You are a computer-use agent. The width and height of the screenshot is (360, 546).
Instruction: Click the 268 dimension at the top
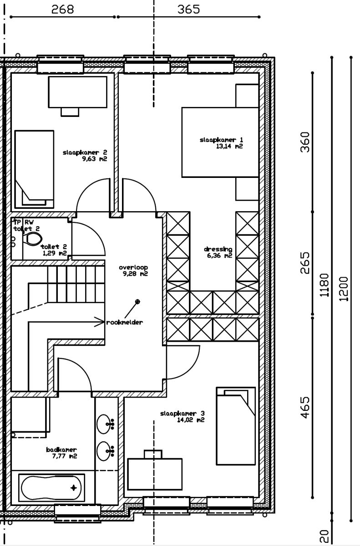[63, 10]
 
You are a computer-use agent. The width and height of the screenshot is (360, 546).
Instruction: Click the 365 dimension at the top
[188, 10]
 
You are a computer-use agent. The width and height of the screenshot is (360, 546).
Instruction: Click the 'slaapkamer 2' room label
[85, 153]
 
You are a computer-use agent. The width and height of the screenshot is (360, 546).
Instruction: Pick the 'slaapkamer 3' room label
[183, 414]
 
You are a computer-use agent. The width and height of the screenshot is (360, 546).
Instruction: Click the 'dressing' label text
[218, 249]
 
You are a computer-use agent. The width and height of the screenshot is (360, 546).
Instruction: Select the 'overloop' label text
[133, 268]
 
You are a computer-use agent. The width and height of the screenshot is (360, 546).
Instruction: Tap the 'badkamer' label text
[61, 450]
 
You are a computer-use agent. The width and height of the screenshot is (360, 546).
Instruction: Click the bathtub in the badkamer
[51, 488]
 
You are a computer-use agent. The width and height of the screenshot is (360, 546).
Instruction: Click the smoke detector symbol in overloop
[137, 301]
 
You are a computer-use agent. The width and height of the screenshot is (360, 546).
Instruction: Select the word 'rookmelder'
[125, 322]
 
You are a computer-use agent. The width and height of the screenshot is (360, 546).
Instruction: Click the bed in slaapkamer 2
[35, 168]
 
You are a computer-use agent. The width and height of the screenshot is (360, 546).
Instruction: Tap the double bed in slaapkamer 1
[220, 142]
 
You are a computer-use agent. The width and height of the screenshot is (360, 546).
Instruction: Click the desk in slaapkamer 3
[155, 473]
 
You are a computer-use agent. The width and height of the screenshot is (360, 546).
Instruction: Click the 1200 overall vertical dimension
[344, 288]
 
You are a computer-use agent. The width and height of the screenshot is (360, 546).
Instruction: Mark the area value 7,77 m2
[61, 456]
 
